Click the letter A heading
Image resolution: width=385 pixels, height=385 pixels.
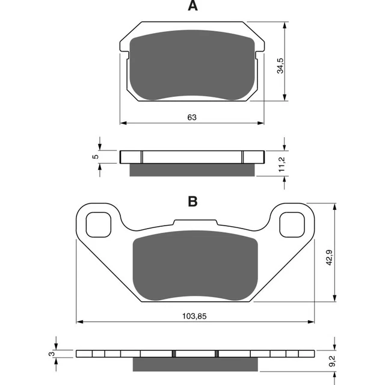(x=192, y=7)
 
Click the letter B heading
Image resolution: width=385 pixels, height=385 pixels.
(x=192, y=202)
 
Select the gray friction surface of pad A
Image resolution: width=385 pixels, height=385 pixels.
(x=192, y=65)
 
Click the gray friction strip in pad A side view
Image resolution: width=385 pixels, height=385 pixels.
(x=192, y=170)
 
